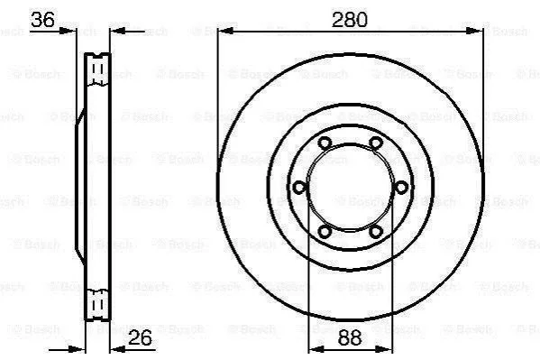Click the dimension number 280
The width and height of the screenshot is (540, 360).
pyautogui.click(x=350, y=20)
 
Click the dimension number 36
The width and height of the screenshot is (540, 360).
pyautogui.click(x=42, y=19)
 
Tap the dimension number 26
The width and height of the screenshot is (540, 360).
pyautogui.click(x=140, y=337)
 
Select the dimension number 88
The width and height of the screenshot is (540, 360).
pyautogui.click(x=350, y=337)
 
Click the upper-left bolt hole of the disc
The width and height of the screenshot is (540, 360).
pyautogui.click(x=325, y=143)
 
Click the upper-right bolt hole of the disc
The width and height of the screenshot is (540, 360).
pyautogui.click(x=376, y=143)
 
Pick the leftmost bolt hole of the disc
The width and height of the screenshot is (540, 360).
pyautogui.click(x=299, y=188)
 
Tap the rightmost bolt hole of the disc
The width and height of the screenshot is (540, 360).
pyautogui.click(x=401, y=188)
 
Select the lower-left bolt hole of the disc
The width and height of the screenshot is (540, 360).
pyautogui.click(x=325, y=231)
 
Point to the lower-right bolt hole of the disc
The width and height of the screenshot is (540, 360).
pyautogui.click(x=376, y=231)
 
